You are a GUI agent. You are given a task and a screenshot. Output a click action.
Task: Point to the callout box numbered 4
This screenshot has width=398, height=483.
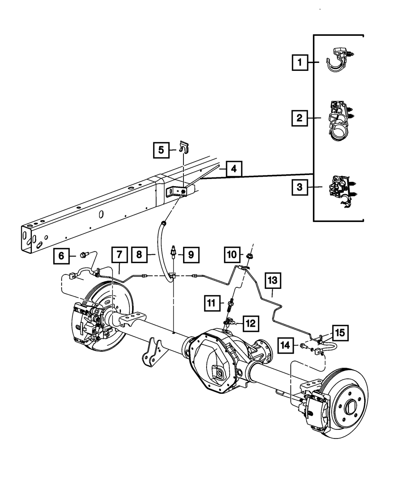click(x=234, y=169)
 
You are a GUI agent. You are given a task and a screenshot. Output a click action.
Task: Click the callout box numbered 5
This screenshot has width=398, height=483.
click(x=161, y=150)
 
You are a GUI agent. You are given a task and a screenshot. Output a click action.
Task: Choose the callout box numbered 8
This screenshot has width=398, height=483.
click(x=139, y=255)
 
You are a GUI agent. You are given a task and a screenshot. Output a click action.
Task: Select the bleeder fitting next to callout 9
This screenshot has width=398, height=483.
click(x=174, y=253)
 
